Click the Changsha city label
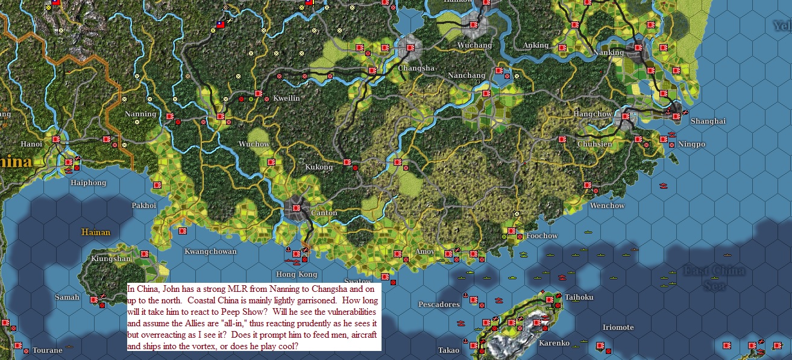[416, 68]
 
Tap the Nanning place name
[140, 114]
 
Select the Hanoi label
[31, 144]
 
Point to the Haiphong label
[88, 183]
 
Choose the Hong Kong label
[296, 274]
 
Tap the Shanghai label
[708, 121]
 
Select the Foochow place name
[542, 236]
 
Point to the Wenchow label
[607, 206]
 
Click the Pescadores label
[439, 305]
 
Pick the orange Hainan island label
[96, 232]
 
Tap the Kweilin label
[286, 98]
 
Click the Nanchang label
[467, 75]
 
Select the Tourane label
[48, 350]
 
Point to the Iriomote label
[618, 327]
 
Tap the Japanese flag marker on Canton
[297, 207]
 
